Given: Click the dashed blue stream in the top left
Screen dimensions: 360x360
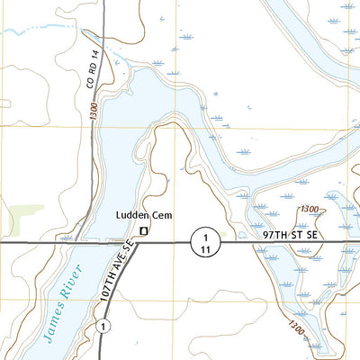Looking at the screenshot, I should click(x=40, y=31).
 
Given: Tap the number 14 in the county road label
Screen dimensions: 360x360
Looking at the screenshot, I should click(x=90, y=60).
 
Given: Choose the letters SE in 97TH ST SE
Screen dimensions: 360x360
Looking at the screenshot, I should click(x=311, y=233).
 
